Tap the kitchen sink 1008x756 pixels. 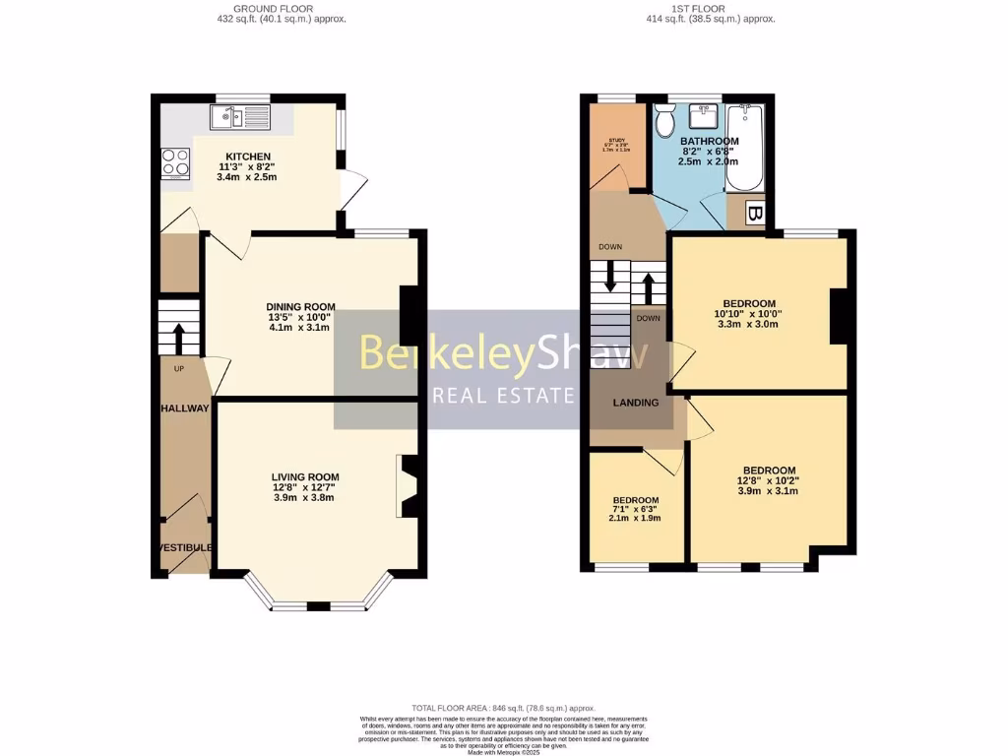[238, 118]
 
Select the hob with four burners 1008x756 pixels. [175, 161]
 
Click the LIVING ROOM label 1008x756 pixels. [306, 476]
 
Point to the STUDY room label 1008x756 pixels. [617, 141]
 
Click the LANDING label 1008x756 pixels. [635, 402]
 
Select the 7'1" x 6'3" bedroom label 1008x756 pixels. [635, 500]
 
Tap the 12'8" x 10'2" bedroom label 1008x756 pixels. [769, 471]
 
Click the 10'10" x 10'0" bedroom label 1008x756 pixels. [749, 303]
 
